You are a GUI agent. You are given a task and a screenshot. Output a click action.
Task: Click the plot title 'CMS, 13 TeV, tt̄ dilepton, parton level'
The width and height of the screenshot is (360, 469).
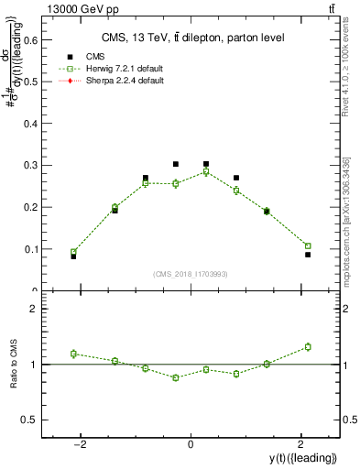tap(191, 37)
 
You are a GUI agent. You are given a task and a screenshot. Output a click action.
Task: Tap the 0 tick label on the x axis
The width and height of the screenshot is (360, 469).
tap(191, 444)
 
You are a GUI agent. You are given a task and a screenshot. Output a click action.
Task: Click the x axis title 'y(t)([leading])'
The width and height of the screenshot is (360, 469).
tap(302, 458)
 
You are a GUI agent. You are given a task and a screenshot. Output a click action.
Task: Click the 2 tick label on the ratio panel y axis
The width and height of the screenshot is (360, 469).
tap(38, 309)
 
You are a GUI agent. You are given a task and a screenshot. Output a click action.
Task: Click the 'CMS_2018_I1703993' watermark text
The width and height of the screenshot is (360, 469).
tap(191, 273)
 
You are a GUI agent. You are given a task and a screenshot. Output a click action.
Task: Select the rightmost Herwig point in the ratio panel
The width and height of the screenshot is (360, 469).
tap(308, 346)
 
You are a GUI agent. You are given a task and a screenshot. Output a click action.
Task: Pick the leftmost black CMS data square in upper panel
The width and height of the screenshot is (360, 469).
tap(73, 256)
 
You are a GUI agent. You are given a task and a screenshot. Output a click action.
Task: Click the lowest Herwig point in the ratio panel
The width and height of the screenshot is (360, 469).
tap(175, 377)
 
